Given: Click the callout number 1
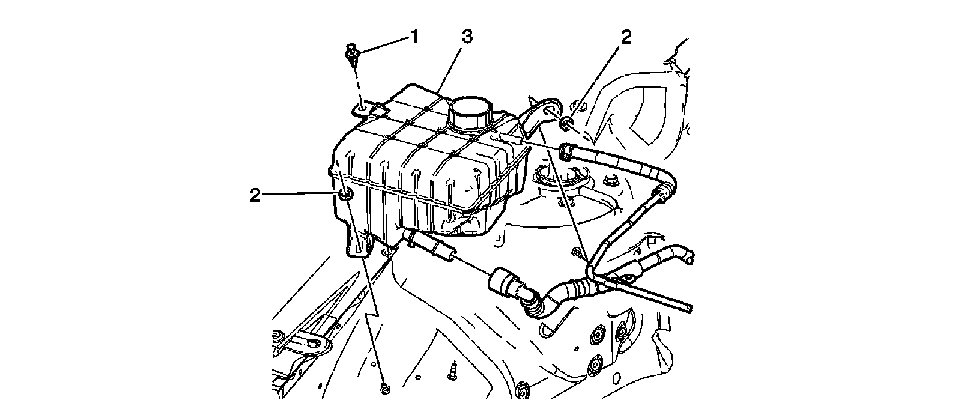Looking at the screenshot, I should click(413, 37).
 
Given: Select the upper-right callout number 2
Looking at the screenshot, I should click(626, 37).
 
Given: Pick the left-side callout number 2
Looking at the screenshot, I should click(255, 195).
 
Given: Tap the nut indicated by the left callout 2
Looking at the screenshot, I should click(345, 195).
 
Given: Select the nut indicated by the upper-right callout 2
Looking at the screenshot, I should click(566, 124).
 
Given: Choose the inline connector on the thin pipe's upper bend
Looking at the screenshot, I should click(662, 192).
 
